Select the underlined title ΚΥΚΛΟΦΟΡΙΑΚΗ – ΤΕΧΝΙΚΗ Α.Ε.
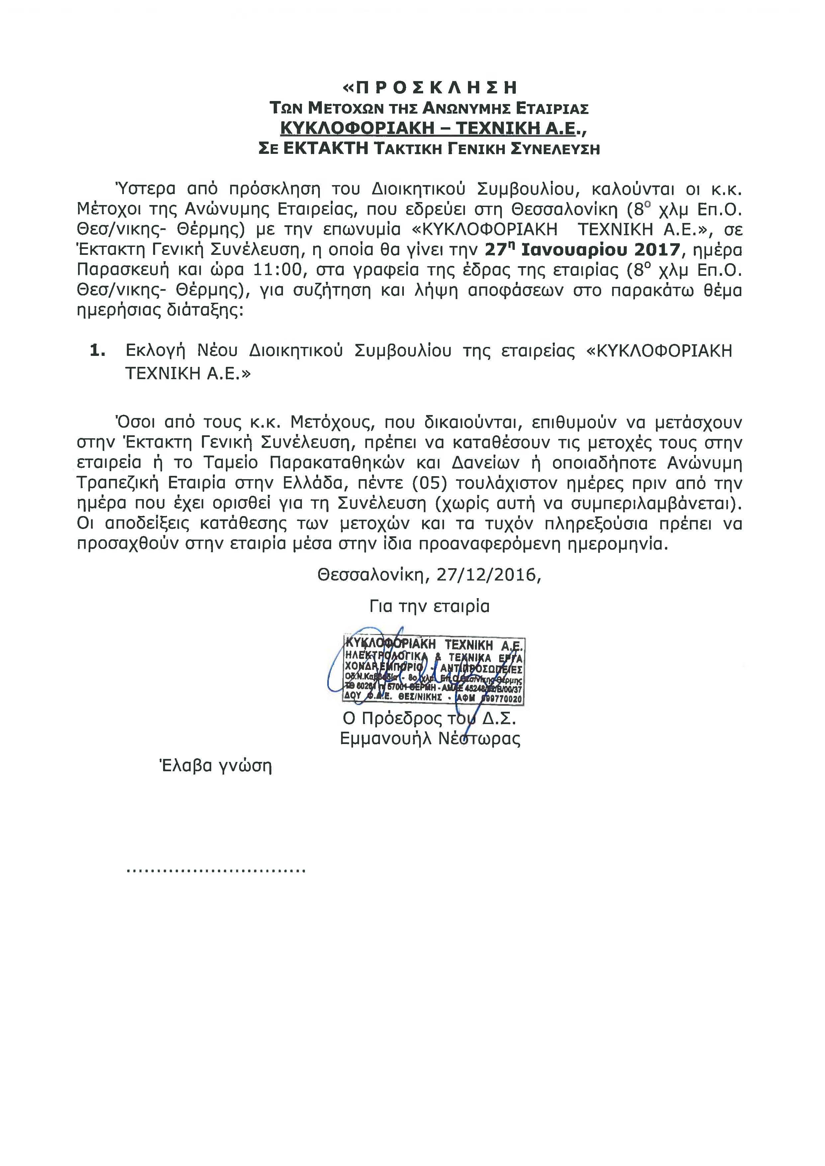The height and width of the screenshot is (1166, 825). pyautogui.click(x=429, y=128)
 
